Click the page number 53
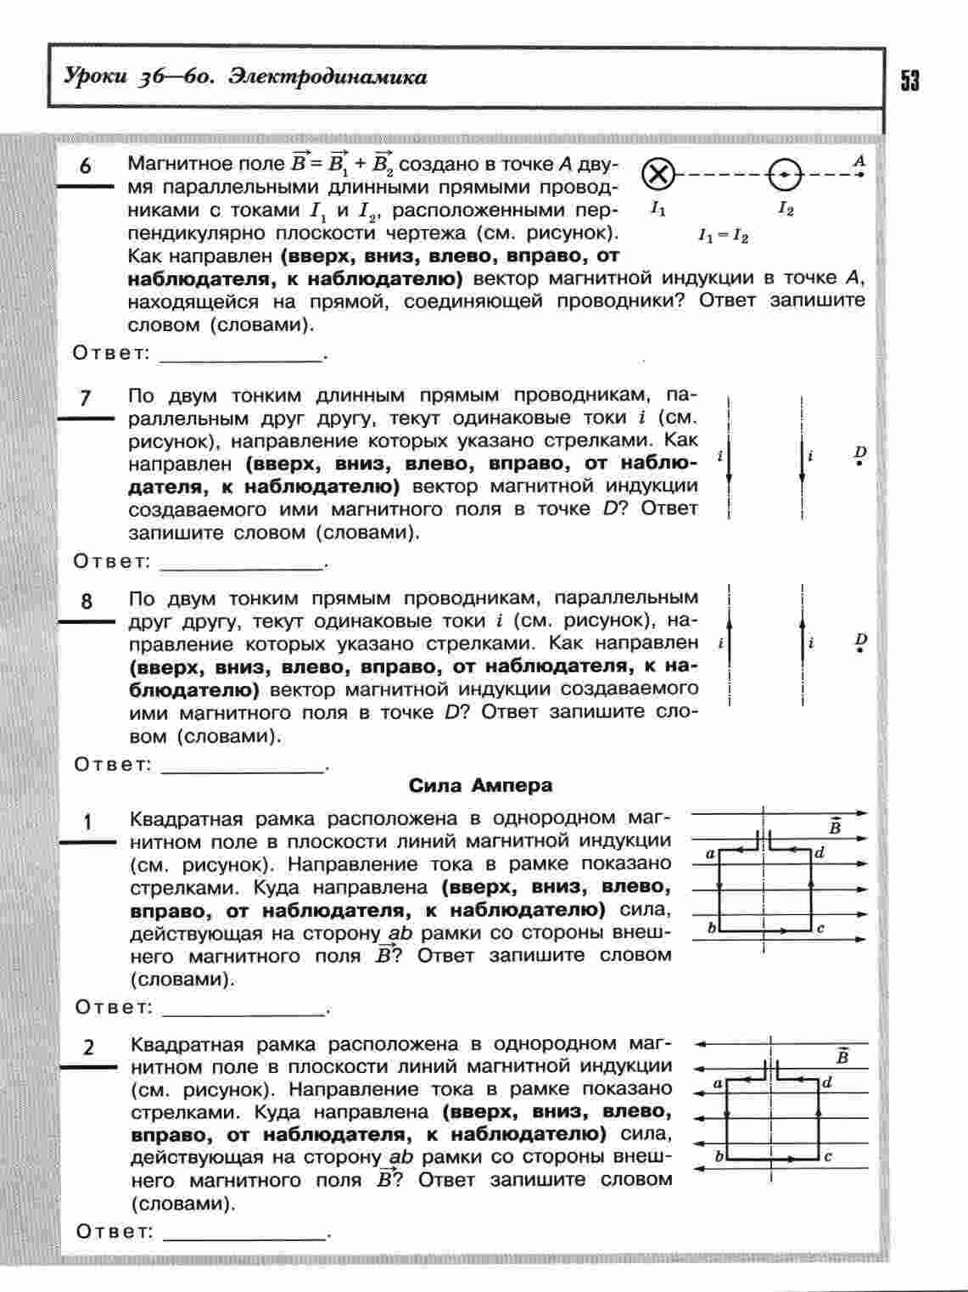pyautogui.click(x=909, y=81)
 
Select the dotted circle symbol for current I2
pyautogui.click(x=785, y=176)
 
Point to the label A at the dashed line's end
pyautogui.click(x=859, y=160)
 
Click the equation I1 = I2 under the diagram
pyautogui.click(x=723, y=237)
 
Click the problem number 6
pyautogui.click(x=86, y=166)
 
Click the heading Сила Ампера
pyautogui.click(x=480, y=785)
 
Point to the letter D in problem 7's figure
pyautogui.click(x=860, y=452)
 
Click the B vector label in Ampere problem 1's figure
pyautogui.click(x=835, y=826)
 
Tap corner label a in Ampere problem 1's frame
pyautogui.click(x=710, y=854)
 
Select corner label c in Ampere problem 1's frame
pyautogui.click(x=820, y=928)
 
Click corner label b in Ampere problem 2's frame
pyautogui.click(x=719, y=1155)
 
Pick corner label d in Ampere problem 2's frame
pyautogui.click(x=826, y=1081)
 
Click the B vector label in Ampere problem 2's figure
pyautogui.click(x=842, y=1056)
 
